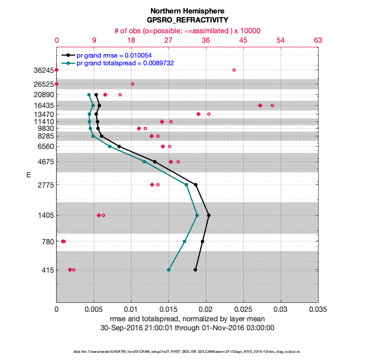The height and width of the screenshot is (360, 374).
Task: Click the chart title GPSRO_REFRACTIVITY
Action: [187, 20]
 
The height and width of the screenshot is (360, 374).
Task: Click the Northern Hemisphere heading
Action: [187, 11]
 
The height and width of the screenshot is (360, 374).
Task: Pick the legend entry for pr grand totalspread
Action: [125, 63]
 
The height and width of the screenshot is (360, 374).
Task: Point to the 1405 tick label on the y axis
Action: [46, 216]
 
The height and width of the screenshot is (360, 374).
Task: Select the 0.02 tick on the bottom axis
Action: [206, 310]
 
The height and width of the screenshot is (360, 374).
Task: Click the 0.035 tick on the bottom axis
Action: [318, 310]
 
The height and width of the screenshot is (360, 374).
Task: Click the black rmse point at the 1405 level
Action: [209, 215]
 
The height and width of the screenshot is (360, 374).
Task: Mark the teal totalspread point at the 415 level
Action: [169, 270]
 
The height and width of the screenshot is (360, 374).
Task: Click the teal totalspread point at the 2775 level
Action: [186, 184]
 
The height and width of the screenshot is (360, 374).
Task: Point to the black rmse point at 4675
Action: [155, 162]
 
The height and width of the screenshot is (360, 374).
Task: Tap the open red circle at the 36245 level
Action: [234, 70]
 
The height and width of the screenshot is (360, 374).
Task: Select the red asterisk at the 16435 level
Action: [260, 105]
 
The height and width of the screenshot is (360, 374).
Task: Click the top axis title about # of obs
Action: [187, 31]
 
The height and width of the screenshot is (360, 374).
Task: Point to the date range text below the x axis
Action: [187, 328]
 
